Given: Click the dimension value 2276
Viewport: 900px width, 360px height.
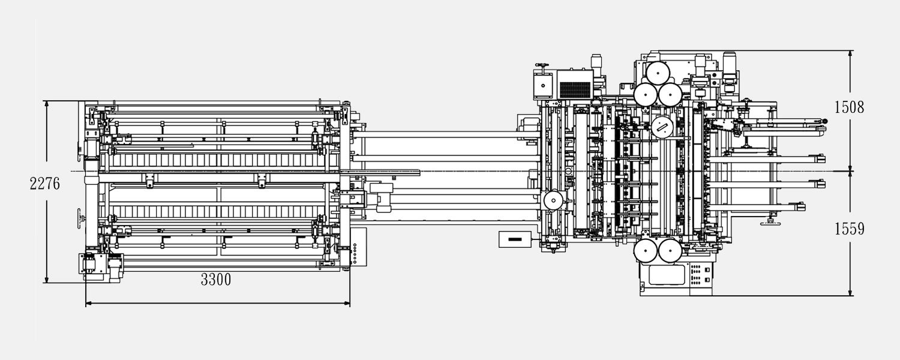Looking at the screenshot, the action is [44, 184].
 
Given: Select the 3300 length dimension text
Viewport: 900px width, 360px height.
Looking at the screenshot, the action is [216, 280].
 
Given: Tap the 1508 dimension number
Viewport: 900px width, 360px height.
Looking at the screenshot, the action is [849, 107].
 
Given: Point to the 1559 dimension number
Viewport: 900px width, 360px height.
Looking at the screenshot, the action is [849, 229].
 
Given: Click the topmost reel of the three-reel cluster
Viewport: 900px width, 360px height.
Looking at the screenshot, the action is [658, 73].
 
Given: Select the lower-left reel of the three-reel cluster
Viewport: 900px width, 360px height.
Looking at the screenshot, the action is [646, 95].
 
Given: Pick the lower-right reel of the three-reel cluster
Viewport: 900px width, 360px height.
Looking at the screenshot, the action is [669, 95].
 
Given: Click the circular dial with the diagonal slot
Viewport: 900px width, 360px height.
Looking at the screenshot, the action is [662, 128].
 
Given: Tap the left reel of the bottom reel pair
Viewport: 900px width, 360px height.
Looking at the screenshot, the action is [646, 251].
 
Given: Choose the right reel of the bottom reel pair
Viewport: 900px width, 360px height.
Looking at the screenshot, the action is [670, 251].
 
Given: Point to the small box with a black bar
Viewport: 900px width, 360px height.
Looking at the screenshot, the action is [515, 239].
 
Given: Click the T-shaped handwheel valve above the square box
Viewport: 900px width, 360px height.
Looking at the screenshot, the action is [542, 66].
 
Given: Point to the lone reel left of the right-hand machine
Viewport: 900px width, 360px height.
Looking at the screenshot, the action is [553, 200].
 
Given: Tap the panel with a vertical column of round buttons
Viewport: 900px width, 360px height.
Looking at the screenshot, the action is [359, 247].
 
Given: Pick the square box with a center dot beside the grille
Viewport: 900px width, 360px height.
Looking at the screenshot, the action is [543, 86].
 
